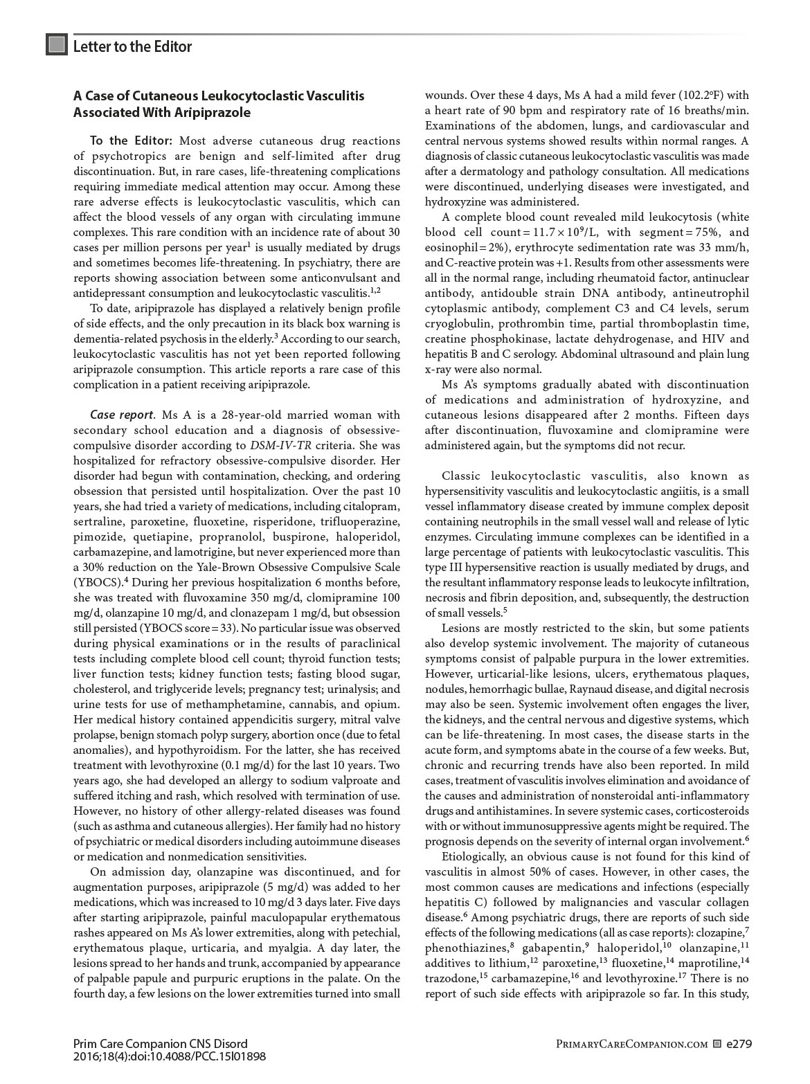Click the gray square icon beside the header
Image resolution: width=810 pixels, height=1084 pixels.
57,45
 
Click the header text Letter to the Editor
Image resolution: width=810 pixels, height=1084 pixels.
132,47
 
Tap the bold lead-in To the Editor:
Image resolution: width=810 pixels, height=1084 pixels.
131,141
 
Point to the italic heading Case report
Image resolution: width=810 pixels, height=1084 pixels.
122,415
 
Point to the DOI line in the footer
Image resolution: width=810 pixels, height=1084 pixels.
169,1057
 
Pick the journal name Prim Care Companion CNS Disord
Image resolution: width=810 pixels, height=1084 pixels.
160,1044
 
